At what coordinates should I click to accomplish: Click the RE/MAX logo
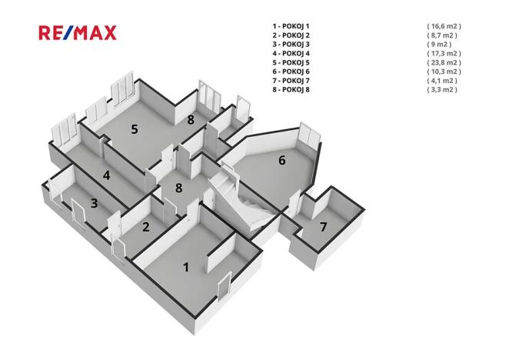pyautogui.click(x=77, y=33)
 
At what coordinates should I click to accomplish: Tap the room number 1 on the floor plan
pyautogui.click(x=185, y=268)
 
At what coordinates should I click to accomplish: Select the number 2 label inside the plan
pyautogui.click(x=146, y=227)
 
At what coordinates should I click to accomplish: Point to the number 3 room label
pyautogui.click(x=94, y=203)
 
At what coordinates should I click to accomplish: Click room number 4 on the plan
pyautogui.click(x=106, y=175)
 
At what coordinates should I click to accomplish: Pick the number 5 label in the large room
pyautogui.click(x=135, y=129)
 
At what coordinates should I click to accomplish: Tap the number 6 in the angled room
pyautogui.click(x=281, y=160)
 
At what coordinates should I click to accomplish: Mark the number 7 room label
pyautogui.click(x=323, y=227)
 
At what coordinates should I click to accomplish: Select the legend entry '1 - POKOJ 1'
pyautogui.click(x=291, y=26)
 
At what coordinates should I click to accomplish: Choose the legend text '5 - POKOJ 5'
pyautogui.click(x=291, y=62)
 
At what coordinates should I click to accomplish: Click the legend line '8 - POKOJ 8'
pyautogui.click(x=291, y=90)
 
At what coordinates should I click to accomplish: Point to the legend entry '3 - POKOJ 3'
pyautogui.click(x=291, y=45)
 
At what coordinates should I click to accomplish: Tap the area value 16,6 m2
pyautogui.click(x=444, y=26)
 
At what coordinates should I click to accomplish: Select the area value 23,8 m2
pyautogui.click(x=444, y=62)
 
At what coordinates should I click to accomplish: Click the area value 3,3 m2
pyautogui.click(x=442, y=90)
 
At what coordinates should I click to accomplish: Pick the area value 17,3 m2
pyautogui.click(x=444, y=53)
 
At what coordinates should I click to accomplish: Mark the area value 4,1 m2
pyautogui.click(x=442, y=81)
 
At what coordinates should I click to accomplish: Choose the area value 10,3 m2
pyautogui.click(x=444, y=72)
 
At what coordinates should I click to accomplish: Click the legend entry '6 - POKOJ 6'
pyautogui.click(x=291, y=72)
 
